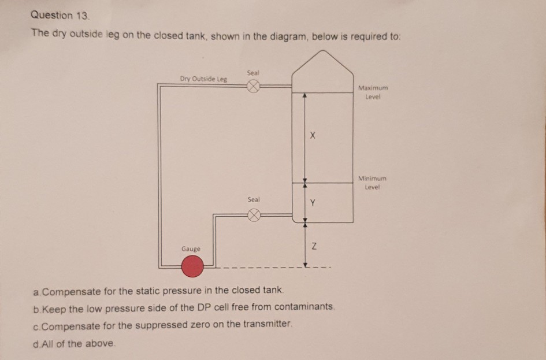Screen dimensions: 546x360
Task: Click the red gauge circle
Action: [193, 267]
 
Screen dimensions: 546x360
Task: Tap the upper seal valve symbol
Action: [252, 87]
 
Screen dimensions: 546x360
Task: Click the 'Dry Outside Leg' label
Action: [203, 79]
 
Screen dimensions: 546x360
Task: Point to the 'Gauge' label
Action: [191, 248]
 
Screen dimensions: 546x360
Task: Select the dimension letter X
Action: [313, 136]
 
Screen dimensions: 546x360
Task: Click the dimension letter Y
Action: [313, 203]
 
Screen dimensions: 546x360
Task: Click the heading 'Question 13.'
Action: [53, 15]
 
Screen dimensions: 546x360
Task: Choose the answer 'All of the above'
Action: [75, 344]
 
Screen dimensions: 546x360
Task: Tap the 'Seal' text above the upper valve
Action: [252, 73]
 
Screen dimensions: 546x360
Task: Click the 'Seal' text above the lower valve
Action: [253, 199]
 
